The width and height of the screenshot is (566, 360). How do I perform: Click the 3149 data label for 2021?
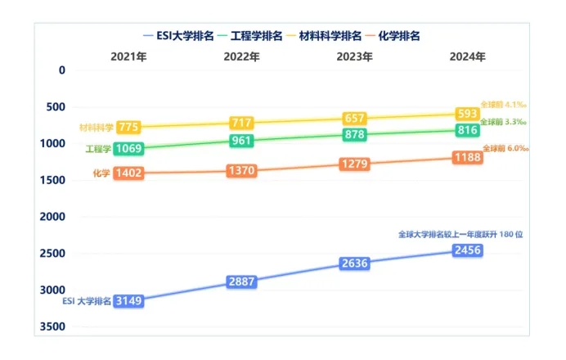click(x=129, y=301)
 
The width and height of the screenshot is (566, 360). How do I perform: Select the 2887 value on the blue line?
click(x=242, y=281)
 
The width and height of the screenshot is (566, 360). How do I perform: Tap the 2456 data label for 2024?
click(x=467, y=250)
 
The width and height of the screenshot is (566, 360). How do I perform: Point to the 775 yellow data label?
click(x=129, y=127)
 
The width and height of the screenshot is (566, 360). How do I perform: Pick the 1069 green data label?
click(x=129, y=149)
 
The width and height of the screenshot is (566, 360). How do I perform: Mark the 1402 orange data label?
click(x=129, y=173)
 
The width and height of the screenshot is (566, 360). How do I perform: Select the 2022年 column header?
click(x=241, y=57)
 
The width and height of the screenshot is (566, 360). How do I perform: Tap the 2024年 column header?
click(x=467, y=57)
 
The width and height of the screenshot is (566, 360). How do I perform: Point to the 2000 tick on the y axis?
click(x=52, y=217)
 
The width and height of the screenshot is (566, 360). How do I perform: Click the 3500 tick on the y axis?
click(x=52, y=326)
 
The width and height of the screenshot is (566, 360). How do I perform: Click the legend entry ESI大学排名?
click(x=178, y=36)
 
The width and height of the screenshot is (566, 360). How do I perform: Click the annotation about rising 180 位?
click(x=460, y=234)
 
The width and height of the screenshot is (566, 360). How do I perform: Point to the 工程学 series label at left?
click(x=97, y=149)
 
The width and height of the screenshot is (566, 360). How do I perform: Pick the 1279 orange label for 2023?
click(x=355, y=165)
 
